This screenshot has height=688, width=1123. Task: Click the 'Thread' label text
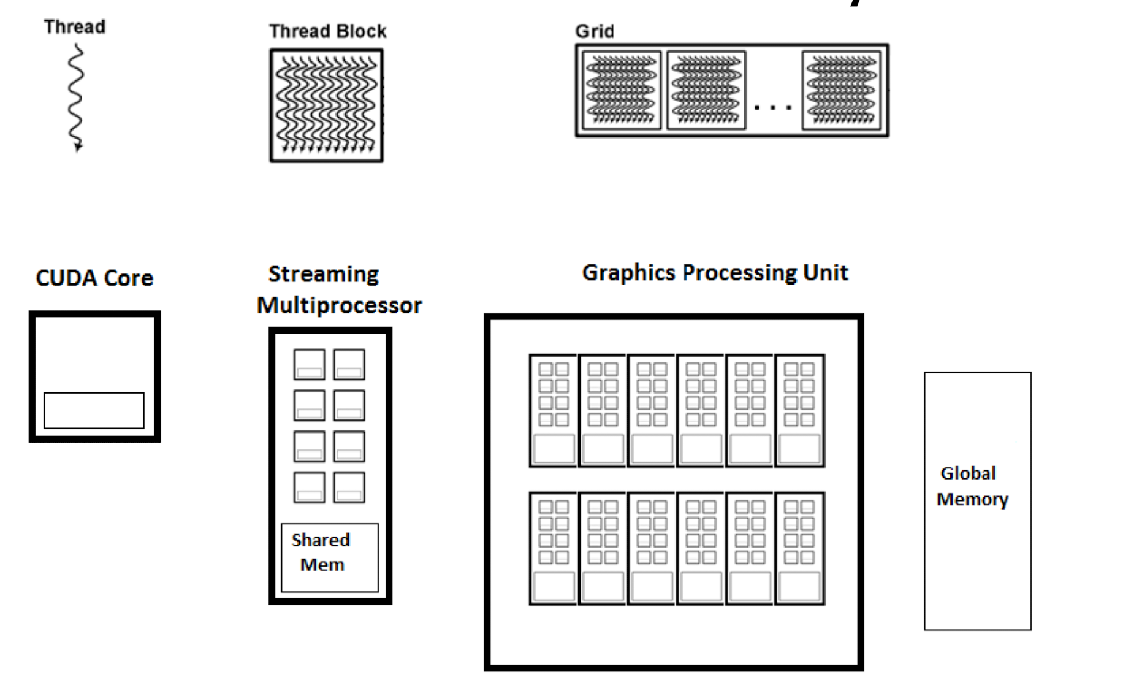74,27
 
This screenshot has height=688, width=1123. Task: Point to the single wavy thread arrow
75,97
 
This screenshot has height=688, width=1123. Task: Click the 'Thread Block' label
327,31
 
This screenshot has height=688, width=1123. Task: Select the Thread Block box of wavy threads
327,105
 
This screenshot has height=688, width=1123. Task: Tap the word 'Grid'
594,31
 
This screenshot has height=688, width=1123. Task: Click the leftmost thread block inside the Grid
621,90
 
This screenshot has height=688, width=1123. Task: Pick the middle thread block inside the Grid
706,90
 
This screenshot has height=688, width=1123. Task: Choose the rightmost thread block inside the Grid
842,90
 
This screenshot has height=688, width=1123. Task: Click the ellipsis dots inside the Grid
773,108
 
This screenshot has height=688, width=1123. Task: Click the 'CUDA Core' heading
94,278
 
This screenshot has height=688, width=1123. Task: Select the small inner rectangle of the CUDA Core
94,410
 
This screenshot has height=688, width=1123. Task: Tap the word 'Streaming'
324,274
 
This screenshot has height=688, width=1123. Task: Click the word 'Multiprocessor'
339,305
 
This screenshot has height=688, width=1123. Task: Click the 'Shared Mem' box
330,557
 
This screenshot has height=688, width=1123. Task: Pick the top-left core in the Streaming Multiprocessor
310,365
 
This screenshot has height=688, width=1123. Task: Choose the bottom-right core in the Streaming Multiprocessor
349,487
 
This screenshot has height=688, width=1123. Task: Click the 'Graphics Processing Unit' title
715,272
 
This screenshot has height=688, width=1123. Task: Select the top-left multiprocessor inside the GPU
553,410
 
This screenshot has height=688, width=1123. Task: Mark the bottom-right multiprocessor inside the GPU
799,548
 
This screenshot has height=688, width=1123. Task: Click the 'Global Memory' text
972,486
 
